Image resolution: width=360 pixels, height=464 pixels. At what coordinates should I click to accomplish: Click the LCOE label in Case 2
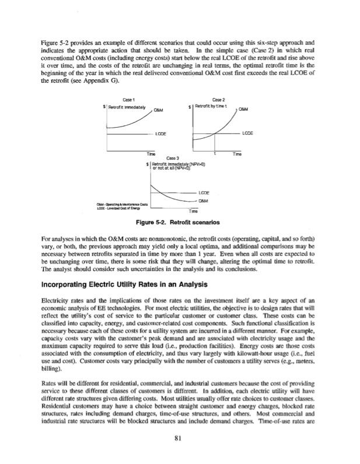(248, 133)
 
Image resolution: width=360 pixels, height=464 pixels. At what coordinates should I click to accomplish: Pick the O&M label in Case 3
(204, 201)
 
